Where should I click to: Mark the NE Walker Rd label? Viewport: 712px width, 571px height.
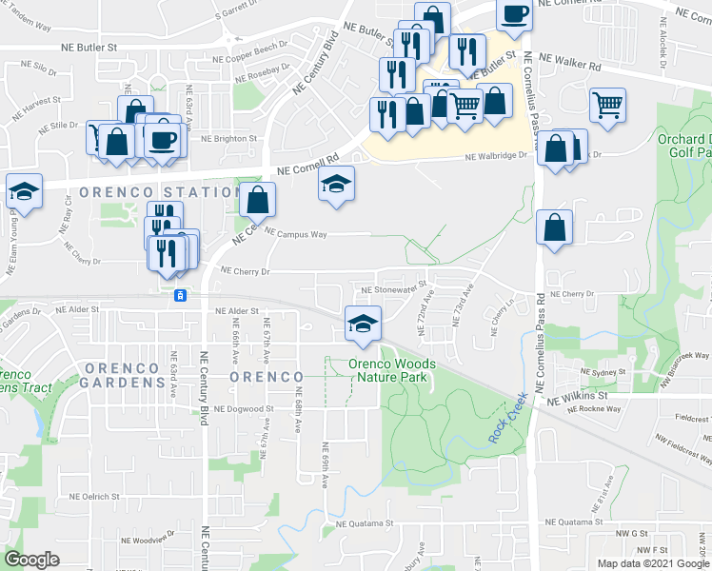(x=570, y=63)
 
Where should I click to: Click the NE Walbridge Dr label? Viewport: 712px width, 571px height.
(x=496, y=158)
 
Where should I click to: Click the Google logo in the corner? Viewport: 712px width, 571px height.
(x=31, y=560)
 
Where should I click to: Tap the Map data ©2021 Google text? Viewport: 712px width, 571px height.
(x=653, y=563)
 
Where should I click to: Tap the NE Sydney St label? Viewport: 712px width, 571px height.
(x=596, y=376)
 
